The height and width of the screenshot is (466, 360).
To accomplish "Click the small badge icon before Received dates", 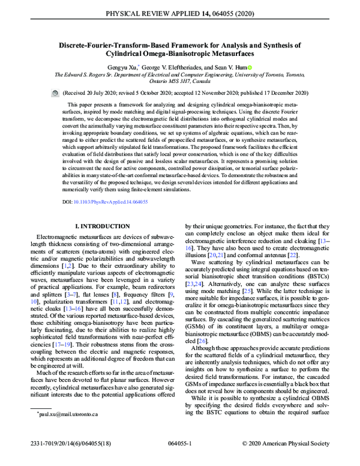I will [55, 94].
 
